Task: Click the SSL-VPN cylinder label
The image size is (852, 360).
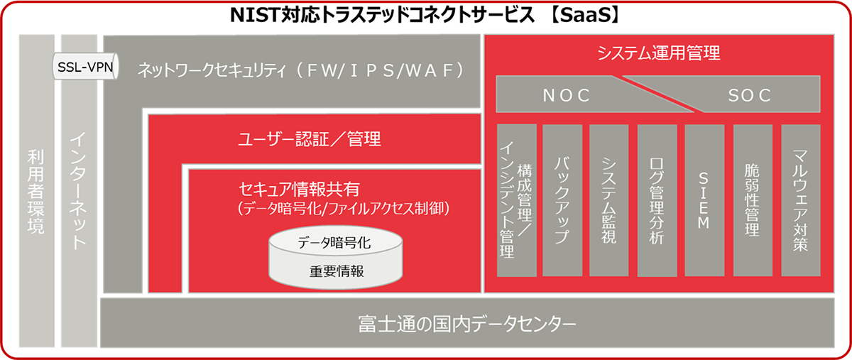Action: click(85, 67)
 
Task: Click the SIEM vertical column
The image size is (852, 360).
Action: click(704, 200)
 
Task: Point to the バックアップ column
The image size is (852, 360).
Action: click(562, 200)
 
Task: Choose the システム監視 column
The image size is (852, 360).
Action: click(608, 200)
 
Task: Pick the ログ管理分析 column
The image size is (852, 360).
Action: click(657, 200)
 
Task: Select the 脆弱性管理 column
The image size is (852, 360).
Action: click(753, 200)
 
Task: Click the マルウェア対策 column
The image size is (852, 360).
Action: click(801, 200)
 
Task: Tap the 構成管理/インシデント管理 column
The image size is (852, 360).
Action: click(517, 200)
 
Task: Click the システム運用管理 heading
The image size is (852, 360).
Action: click(659, 53)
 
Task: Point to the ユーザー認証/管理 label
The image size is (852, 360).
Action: click(310, 139)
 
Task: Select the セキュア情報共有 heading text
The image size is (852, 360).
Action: click(300, 189)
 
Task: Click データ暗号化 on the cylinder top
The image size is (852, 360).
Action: click(334, 242)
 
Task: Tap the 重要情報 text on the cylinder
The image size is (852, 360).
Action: click(337, 271)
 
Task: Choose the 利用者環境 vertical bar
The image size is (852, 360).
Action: click(36, 191)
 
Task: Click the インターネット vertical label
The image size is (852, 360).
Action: click(79, 191)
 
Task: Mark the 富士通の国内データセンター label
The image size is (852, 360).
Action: click(467, 324)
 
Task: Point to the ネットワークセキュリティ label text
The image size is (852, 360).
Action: click(212, 70)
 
